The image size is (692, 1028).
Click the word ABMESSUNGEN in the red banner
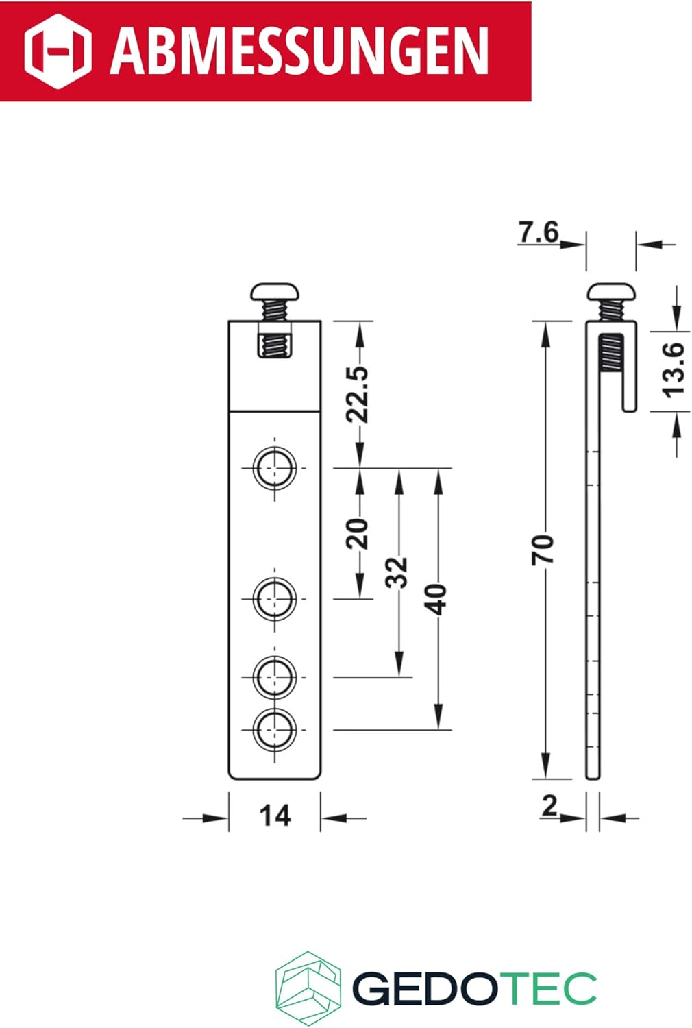[299, 51]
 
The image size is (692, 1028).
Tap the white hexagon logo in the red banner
[58, 51]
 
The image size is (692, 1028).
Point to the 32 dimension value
[398, 572]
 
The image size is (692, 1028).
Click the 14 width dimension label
[275, 816]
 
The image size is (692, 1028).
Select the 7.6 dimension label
[539, 232]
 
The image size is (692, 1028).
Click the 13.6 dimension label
[674, 369]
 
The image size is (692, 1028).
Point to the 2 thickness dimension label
[549, 807]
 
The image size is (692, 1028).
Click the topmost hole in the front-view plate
[275, 469]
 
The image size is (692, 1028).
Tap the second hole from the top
[275, 599]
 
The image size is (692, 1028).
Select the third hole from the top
[275, 677]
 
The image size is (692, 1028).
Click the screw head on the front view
[275, 293]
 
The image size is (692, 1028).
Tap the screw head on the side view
[611, 293]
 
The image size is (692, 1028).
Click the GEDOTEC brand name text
[474, 988]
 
